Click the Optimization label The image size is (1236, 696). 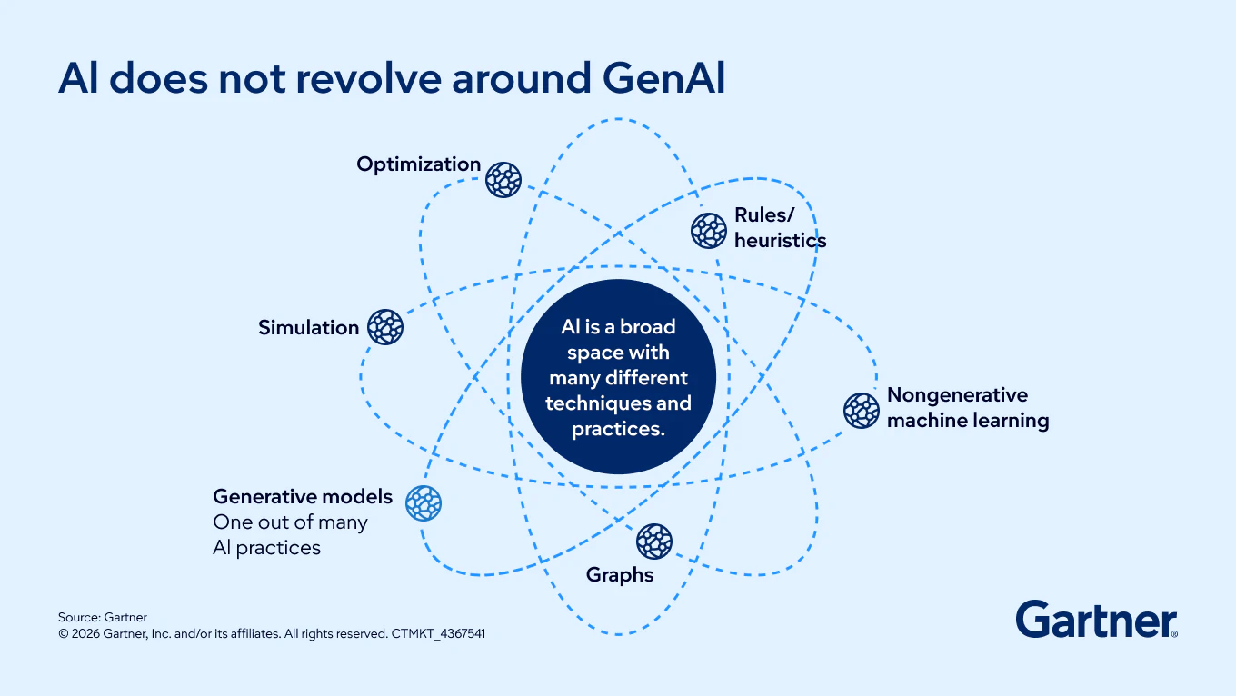tap(418, 164)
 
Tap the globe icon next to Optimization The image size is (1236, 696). tap(503, 180)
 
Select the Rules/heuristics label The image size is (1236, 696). tap(780, 228)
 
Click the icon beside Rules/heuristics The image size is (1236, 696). tap(709, 231)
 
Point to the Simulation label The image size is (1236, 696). tap(308, 328)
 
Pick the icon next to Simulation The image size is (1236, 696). tap(385, 327)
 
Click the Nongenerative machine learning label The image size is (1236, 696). tap(967, 408)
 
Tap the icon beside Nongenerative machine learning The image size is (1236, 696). tap(861, 411)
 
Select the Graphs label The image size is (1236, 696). tap(620, 575)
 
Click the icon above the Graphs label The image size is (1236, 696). tap(654, 542)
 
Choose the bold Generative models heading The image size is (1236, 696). tap(303, 497)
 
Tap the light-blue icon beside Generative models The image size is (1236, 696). tap(424, 503)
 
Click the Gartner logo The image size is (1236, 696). tap(1096, 620)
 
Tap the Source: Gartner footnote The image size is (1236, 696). tap(103, 618)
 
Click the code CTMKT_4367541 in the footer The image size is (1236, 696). tap(438, 634)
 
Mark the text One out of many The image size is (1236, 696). tap(290, 522)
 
